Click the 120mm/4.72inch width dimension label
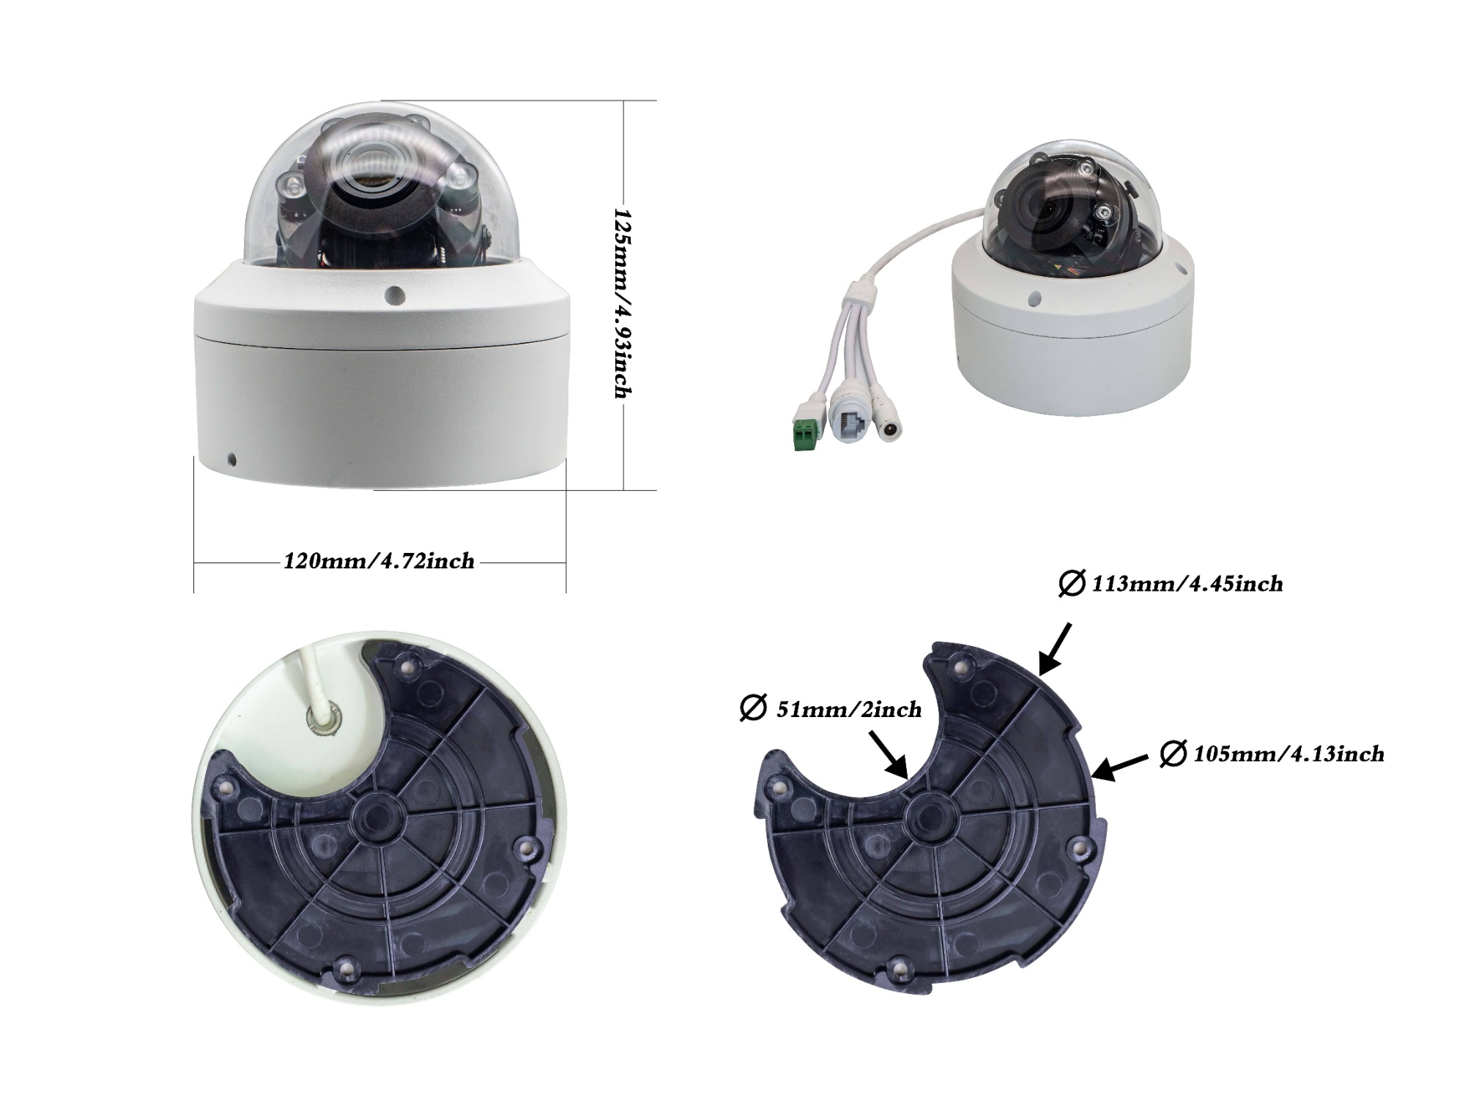(379, 562)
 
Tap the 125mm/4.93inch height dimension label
(623, 303)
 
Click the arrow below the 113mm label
(1055, 647)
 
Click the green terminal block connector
(806, 434)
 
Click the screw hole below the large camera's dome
(395, 294)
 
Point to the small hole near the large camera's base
(232, 460)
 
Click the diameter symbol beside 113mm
(1072, 584)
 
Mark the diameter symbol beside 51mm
(753, 710)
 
